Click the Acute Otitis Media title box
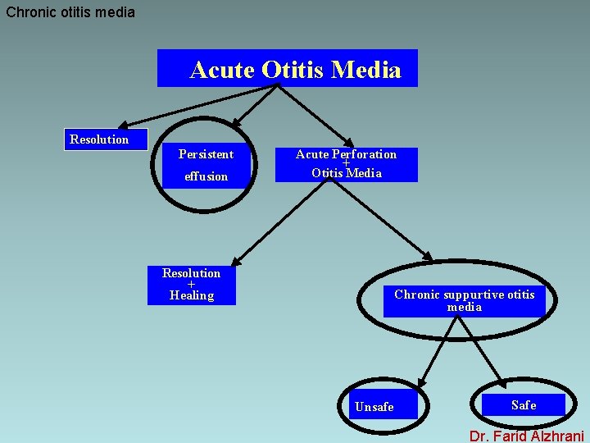(288, 69)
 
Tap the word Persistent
(206, 154)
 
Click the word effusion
(206, 176)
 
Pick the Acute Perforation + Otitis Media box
(346, 164)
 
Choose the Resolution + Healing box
(191, 285)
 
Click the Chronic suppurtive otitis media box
(464, 300)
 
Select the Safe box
(524, 404)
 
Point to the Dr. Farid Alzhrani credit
(526, 436)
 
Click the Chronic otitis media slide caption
(70, 12)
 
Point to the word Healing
(191, 295)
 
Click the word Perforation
(364, 154)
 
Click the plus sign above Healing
(191, 285)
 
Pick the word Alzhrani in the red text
(554, 436)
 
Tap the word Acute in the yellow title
(222, 70)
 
